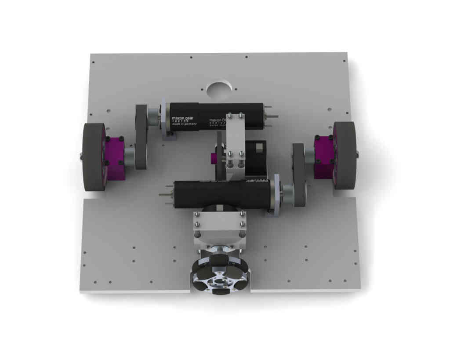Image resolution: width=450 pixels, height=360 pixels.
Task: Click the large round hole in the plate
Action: (219, 89)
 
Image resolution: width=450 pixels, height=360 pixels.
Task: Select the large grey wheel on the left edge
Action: (94, 157)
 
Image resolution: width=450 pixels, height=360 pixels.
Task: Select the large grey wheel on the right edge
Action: (345, 155)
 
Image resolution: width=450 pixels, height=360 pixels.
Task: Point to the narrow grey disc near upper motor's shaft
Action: (141, 137)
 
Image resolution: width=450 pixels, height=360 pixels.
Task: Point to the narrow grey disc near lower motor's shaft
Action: (299, 175)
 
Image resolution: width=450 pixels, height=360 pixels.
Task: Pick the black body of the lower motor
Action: (220, 194)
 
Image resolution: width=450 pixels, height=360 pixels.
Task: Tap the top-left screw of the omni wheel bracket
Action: (197, 215)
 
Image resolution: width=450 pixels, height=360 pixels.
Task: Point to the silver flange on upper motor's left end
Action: (164, 118)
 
